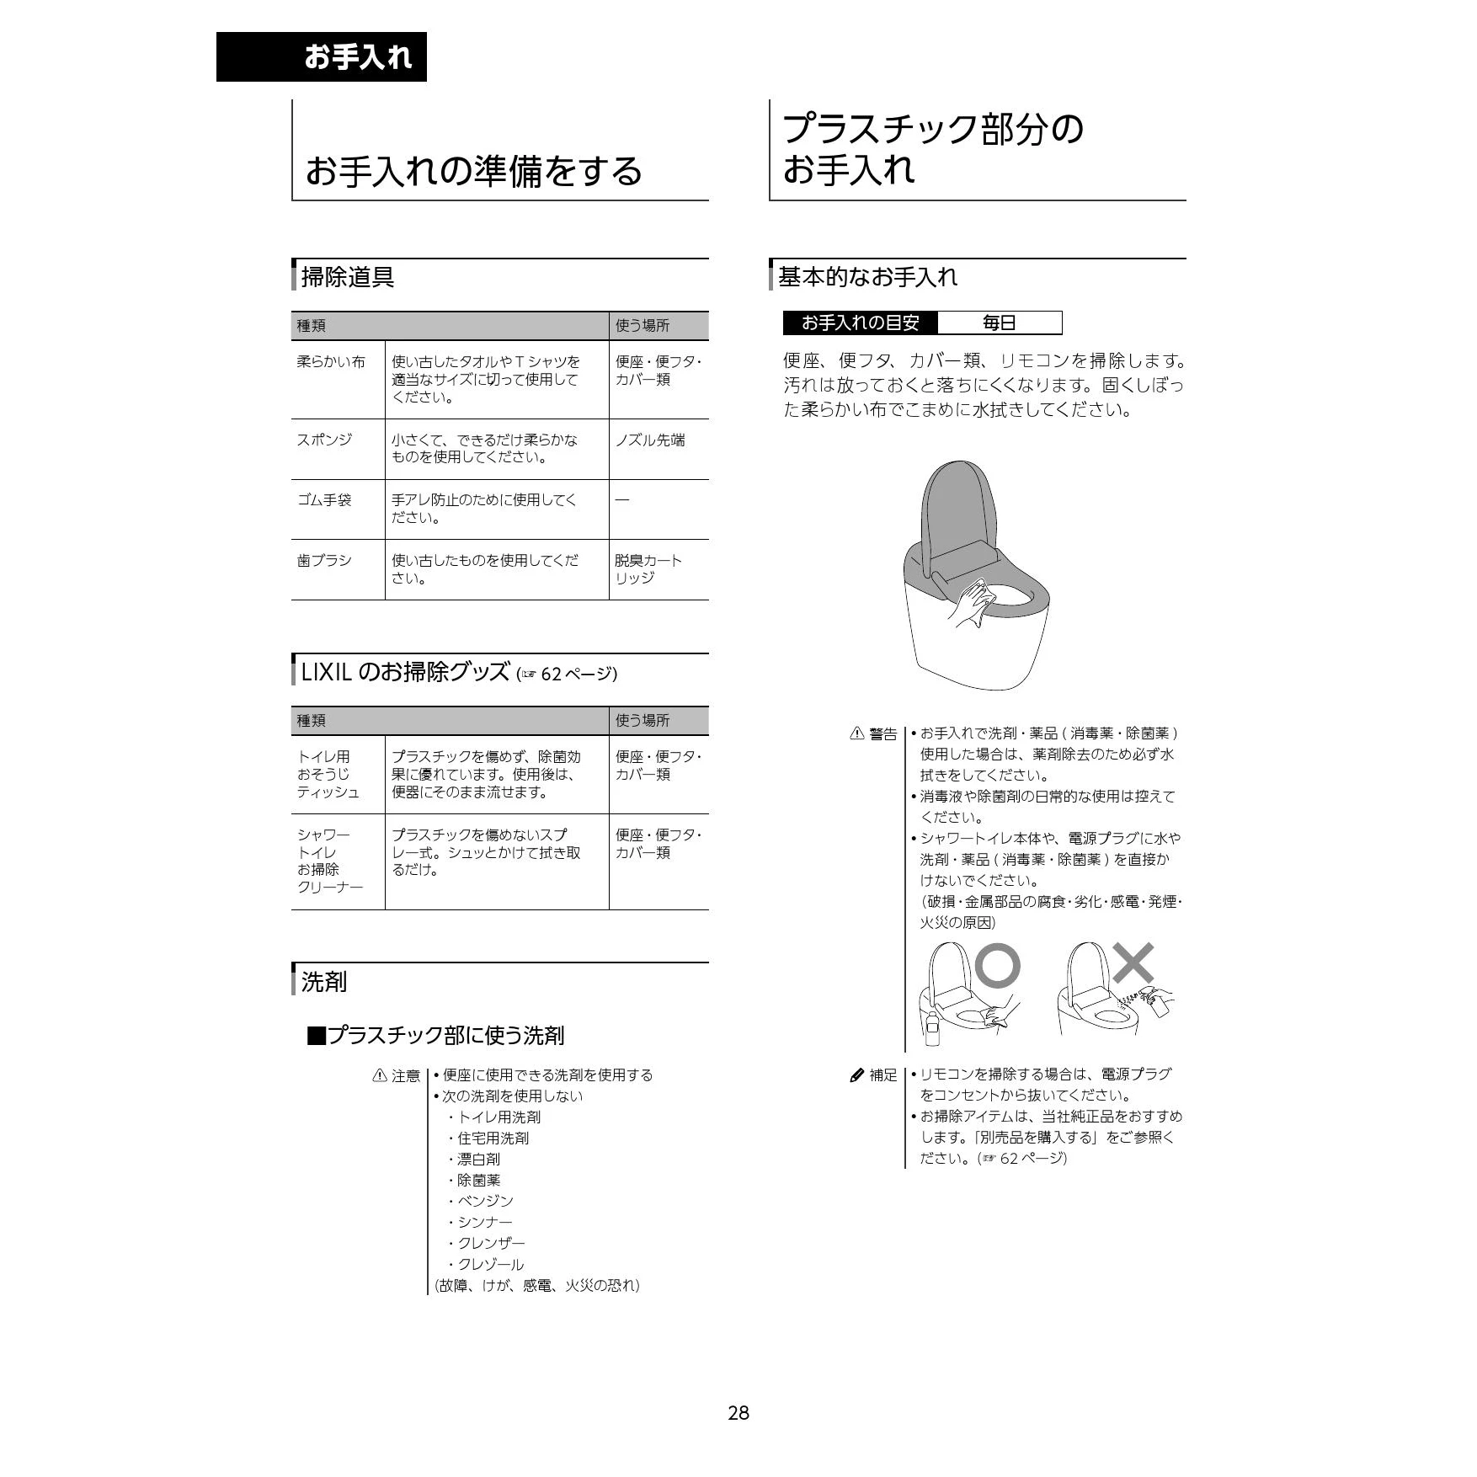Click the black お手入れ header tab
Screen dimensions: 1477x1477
point(322,56)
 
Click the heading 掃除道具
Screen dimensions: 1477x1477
point(348,276)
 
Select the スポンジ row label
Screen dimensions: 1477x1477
point(324,440)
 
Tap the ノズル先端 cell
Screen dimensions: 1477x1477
point(649,440)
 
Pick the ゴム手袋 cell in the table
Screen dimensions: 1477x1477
point(324,500)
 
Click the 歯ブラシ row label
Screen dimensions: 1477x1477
point(324,560)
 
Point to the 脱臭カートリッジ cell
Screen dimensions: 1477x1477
point(648,569)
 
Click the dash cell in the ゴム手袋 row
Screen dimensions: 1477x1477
point(621,500)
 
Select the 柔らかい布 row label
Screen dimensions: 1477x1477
point(331,362)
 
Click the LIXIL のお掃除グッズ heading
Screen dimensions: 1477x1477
point(405,672)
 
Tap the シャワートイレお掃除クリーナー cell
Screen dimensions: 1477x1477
point(329,861)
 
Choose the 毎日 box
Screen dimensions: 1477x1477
point(1000,323)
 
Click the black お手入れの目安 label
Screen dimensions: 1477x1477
point(860,323)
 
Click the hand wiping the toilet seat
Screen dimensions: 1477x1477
point(974,603)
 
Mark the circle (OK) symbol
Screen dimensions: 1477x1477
point(998,965)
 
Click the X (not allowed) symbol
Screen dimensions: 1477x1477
point(1133,963)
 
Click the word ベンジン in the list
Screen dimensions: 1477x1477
point(485,1201)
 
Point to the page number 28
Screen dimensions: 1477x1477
point(738,1413)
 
